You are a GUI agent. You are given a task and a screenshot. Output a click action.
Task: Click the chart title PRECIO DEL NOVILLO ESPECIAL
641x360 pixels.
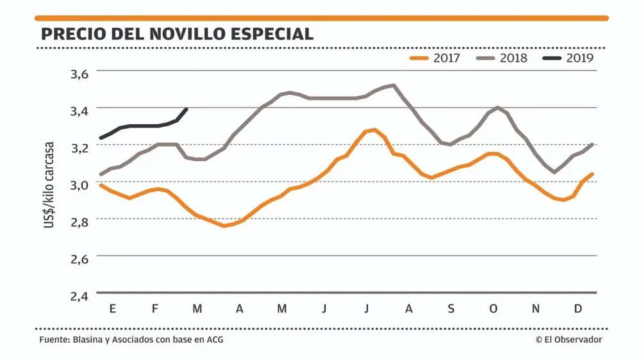[177, 34]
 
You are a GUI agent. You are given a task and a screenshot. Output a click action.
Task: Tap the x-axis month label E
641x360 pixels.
[113, 309]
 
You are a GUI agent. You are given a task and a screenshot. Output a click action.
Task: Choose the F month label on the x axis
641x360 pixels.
[155, 309]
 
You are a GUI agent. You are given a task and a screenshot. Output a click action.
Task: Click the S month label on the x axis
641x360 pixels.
[451, 309]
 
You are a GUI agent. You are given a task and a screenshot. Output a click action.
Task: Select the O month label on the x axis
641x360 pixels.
[493, 309]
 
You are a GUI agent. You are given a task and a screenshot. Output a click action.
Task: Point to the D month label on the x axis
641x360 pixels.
[578, 309]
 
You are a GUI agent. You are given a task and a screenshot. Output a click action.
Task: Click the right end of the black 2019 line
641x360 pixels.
[187, 109]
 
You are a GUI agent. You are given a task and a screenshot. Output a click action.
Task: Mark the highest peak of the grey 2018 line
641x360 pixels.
[393, 85]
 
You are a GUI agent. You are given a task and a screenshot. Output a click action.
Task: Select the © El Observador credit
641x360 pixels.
[569, 340]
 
